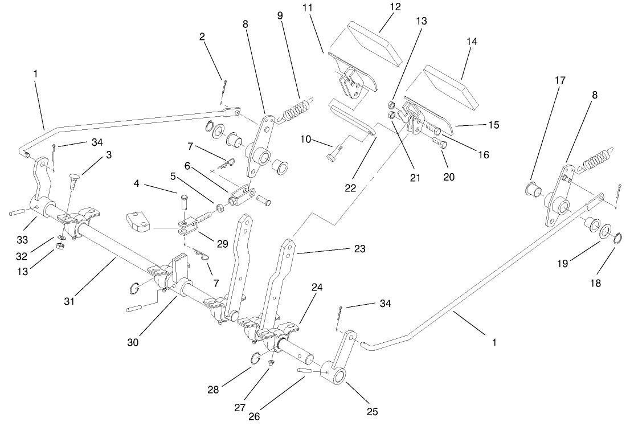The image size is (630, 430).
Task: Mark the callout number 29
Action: point(222,244)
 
